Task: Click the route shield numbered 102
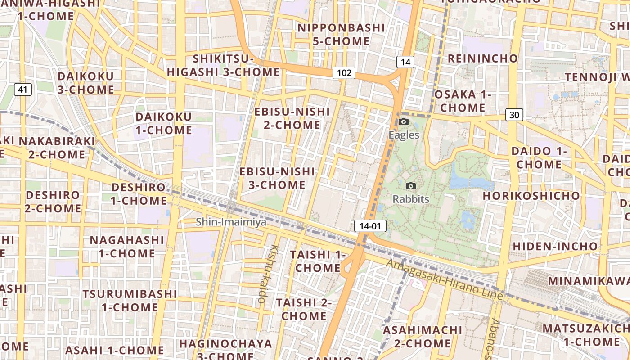344,73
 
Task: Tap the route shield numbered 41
22,90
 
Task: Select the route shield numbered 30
514,115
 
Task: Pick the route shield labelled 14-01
370,226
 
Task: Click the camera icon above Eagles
404,122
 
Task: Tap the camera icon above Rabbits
410,186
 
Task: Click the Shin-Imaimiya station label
231,222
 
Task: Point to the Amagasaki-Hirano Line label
445,280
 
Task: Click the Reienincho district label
483,58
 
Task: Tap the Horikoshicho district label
531,196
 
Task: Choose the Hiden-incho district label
555,246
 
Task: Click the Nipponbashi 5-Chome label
342,35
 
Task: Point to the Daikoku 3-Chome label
85,83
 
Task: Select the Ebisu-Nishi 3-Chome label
277,178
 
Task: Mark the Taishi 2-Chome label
304,309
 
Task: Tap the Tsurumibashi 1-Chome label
130,301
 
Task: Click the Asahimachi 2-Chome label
423,337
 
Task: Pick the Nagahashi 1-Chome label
127,247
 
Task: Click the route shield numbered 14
405,62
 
